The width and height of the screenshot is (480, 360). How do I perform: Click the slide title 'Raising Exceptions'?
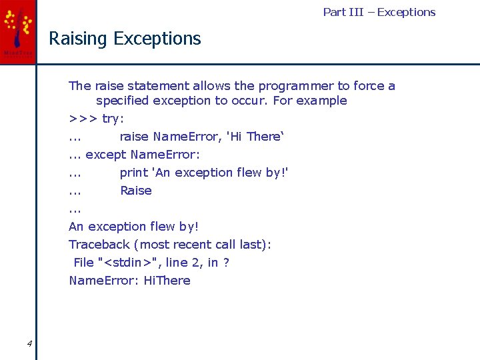click(125, 39)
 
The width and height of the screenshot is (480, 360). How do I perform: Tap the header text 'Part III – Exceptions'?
click(379, 12)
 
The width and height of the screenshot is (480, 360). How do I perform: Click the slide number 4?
click(29, 343)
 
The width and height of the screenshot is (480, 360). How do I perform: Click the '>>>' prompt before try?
click(83, 119)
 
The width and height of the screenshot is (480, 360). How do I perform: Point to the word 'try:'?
click(113, 119)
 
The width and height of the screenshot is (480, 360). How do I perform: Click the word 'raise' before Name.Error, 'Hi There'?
click(134, 137)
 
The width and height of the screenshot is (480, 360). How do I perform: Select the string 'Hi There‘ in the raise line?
click(255, 137)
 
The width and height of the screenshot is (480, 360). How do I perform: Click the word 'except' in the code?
click(106, 155)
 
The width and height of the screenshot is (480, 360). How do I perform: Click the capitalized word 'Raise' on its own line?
click(136, 191)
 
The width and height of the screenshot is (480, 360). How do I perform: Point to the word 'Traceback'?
click(99, 245)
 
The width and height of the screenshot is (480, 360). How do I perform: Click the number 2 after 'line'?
click(198, 263)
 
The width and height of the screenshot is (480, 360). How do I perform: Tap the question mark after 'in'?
click(226, 263)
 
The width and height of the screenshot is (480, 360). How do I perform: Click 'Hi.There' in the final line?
click(167, 281)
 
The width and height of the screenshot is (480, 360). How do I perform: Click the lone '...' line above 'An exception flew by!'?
click(75, 209)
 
